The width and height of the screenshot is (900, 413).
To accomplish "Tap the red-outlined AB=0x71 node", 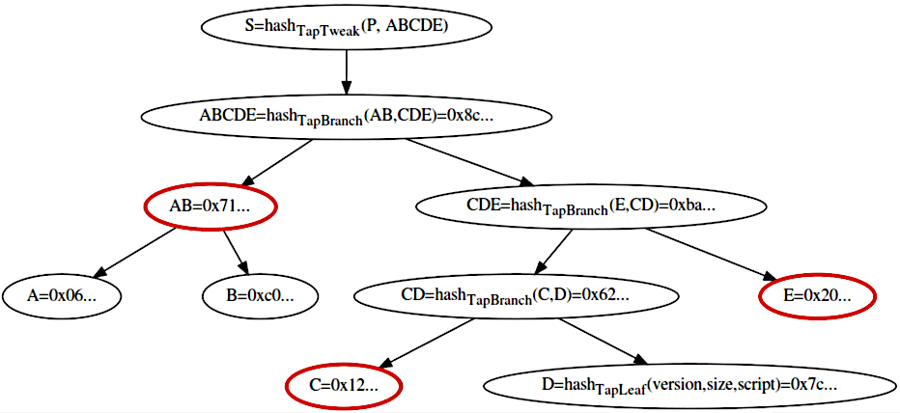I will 210,206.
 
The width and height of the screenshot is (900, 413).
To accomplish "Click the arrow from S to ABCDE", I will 346,71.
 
